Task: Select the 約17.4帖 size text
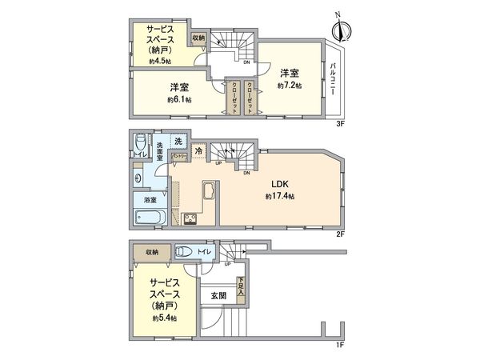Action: pyautogui.click(x=280, y=196)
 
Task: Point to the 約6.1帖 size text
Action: pyautogui.click(x=178, y=100)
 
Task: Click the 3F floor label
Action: pyautogui.click(x=339, y=123)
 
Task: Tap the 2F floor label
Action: pyautogui.click(x=339, y=235)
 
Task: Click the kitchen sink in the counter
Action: pyautogui.click(x=207, y=193)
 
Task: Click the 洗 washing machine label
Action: pyautogui.click(x=179, y=141)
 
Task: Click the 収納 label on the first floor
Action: pyautogui.click(x=150, y=252)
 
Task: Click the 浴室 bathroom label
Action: pyautogui.click(x=150, y=199)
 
